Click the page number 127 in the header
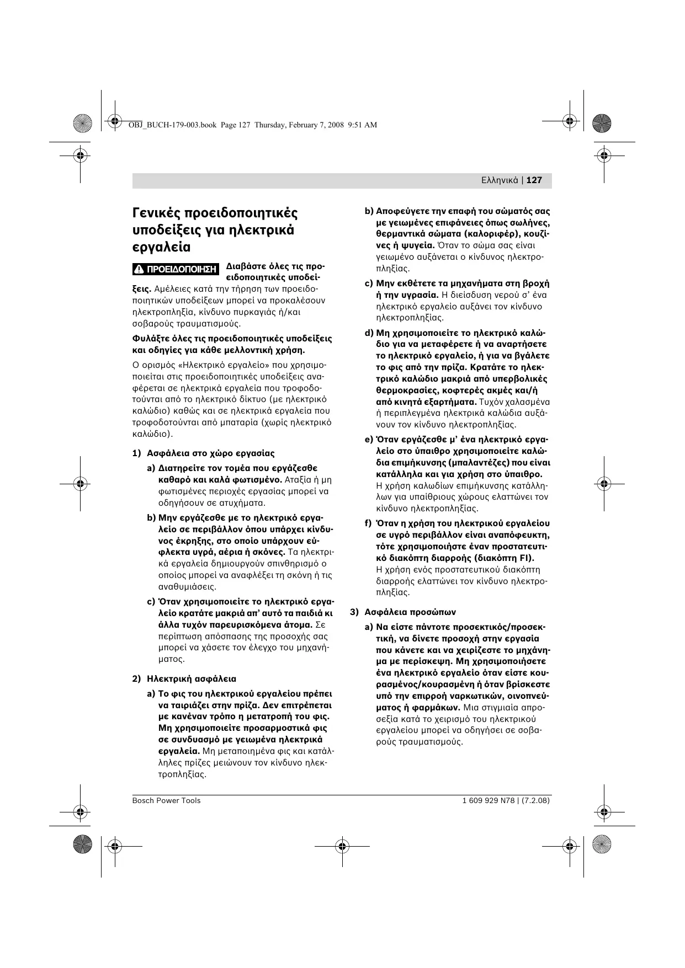pos(534,180)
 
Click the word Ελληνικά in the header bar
pos(500,180)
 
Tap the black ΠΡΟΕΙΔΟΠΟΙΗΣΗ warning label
pos(176,270)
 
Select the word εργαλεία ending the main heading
pos(161,247)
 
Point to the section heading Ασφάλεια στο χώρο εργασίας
pos(210,453)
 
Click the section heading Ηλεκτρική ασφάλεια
pos(192,679)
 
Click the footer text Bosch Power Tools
pos(166,801)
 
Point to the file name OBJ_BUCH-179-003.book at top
pos(172,125)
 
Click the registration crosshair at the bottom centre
pos(342,846)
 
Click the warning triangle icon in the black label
pos(140,270)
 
